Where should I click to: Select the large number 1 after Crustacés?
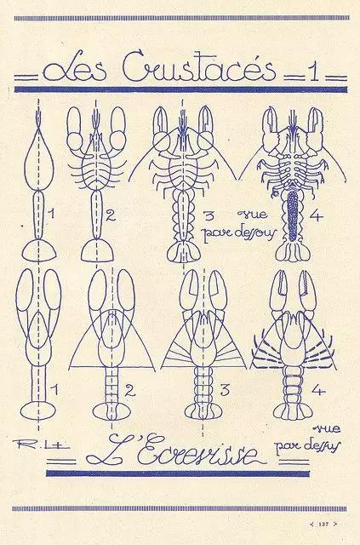coord(315,72)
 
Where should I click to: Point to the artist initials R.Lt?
coord(41,444)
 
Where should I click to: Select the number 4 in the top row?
coord(316,215)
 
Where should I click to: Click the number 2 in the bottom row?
coord(129,390)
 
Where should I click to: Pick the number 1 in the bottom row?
coord(54,390)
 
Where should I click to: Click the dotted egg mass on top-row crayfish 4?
coord(293,214)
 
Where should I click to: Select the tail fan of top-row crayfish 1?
coord(39,251)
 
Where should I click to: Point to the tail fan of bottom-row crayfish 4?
coord(293,411)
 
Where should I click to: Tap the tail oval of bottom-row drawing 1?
coord(38,410)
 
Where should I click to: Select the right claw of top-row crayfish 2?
coord(118,128)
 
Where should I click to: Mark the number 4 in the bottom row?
coord(318,390)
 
